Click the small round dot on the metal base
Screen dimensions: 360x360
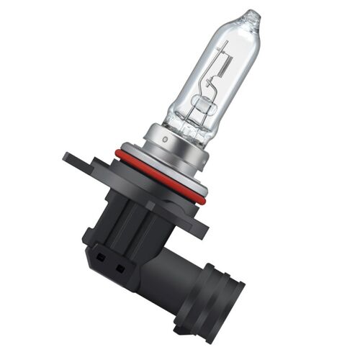[x=164, y=135]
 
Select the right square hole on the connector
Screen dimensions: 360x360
[x=119, y=268]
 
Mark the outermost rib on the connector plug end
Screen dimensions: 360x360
[x=234, y=302]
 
